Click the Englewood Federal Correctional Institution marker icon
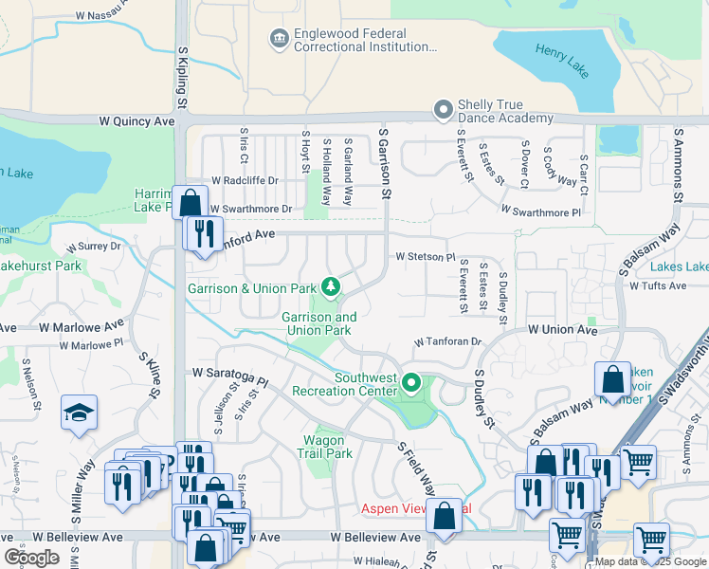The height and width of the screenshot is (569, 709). click(x=279, y=38)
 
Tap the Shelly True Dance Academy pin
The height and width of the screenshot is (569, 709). click(x=442, y=110)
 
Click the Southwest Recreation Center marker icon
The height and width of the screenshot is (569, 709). click(x=410, y=383)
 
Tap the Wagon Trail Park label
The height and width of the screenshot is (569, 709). click(x=328, y=447)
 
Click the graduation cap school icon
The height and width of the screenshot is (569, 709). click(x=79, y=413)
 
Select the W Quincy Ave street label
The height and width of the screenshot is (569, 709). click(x=136, y=121)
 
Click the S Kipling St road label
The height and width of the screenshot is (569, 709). click(x=180, y=77)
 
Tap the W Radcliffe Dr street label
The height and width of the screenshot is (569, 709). click(x=245, y=180)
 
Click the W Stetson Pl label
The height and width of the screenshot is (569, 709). click(x=426, y=257)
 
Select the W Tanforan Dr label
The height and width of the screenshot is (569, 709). click(x=448, y=341)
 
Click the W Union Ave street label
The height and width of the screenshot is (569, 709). click(x=563, y=330)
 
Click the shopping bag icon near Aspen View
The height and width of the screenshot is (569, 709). click(x=444, y=516)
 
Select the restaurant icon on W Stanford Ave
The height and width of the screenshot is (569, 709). click(x=203, y=233)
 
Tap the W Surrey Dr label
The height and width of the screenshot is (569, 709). click(x=94, y=246)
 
